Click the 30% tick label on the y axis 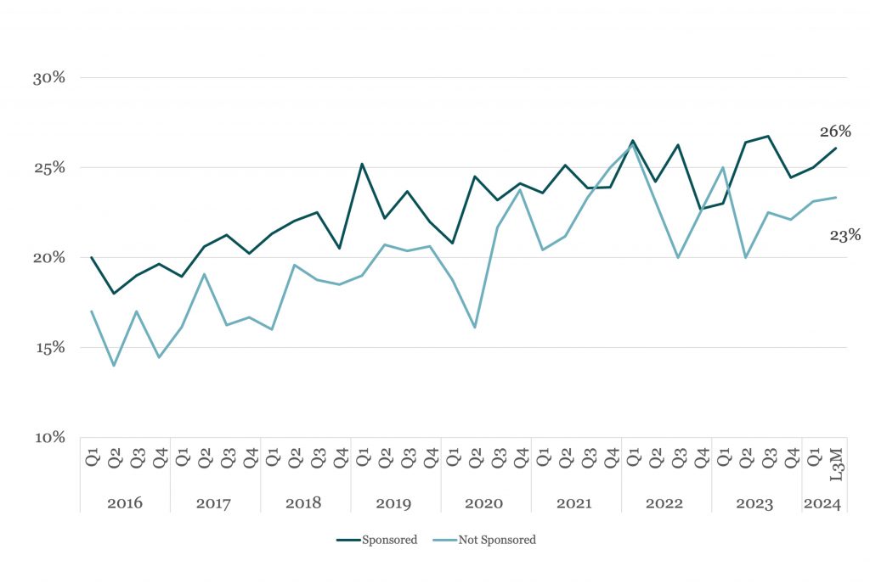(48, 78)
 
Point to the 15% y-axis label (50, 348)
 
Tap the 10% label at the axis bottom (50, 438)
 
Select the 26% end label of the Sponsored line (836, 132)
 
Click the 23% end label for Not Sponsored (845, 236)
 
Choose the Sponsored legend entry (376, 540)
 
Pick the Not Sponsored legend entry (483, 540)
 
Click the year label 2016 (125, 503)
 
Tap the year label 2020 (483, 503)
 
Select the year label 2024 (822, 503)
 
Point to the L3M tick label (836, 464)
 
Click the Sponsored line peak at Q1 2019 (362, 164)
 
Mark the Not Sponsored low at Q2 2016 (115, 366)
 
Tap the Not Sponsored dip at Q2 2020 (475, 328)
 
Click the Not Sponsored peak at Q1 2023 (723, 167)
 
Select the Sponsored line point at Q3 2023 (768, 136)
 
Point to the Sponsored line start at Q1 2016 (92, 257)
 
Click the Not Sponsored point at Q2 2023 (746, 258)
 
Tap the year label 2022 (664, 503)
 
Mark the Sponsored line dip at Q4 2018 (340, 249)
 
